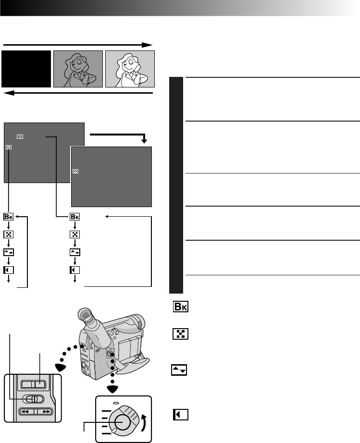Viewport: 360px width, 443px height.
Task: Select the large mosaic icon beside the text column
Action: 180,334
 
